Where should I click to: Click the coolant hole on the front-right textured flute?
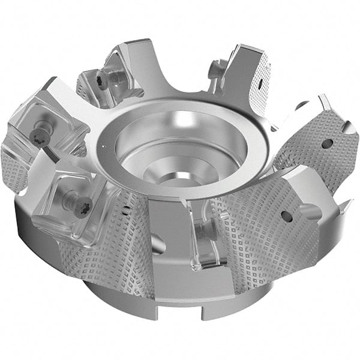tap(287, 217)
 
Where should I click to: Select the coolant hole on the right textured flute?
tap(326, 143)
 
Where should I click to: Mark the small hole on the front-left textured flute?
tap(125, 211)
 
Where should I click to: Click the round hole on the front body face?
tap(158, 244)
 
